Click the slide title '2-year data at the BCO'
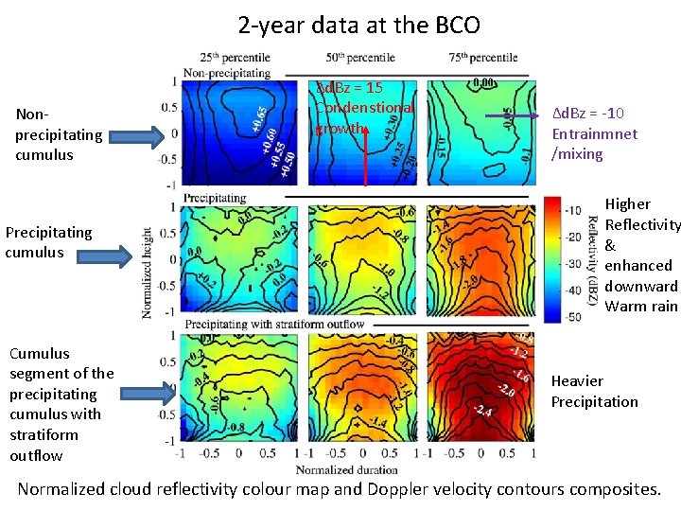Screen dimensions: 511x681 point(358,25)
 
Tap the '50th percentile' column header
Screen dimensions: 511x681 point(359,58)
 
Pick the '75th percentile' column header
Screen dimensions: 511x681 point(480,58)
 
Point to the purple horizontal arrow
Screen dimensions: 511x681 point(516,117)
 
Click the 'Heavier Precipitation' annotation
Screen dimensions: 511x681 point(594,392)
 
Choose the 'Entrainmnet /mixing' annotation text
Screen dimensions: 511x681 point(594,133)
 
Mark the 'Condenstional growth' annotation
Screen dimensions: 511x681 point(364,107)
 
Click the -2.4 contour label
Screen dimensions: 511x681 point(483,411)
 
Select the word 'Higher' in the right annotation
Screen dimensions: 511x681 point(628,204)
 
